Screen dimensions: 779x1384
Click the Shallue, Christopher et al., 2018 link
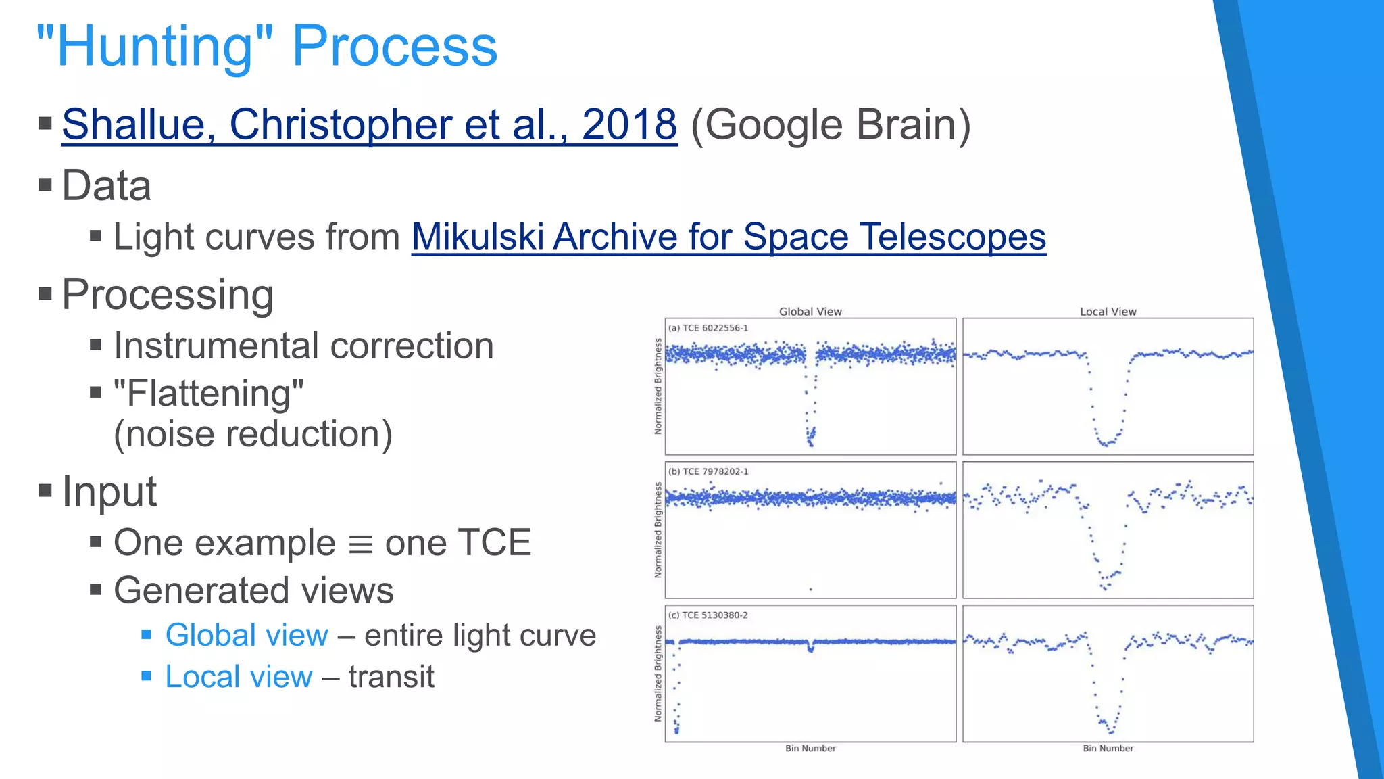pos(369,124)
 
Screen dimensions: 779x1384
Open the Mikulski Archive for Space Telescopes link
pos(728,237)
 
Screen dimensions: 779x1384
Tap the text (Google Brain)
pos(831,124)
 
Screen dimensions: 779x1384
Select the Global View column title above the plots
pos(810,312)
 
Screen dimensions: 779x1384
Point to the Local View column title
pos(1108,312)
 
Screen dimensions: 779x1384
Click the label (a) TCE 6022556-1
pos(708,328)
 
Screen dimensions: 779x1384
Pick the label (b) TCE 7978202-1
pos(708,471)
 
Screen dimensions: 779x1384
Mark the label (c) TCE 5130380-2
pos(708,615)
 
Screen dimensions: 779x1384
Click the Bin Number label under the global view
pos(810,748)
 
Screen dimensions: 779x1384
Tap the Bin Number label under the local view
pos(1108,748)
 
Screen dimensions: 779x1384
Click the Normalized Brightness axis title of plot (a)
pos(658,387)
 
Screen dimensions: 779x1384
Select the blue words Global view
pos(247,635)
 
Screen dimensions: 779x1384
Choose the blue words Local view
pos(239,677)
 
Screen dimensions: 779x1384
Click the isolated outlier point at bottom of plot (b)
pos(810,590)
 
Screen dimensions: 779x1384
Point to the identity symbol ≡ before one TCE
pos(360,544)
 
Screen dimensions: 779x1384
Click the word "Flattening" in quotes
pos(209,393)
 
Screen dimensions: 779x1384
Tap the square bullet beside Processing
pos(45,294)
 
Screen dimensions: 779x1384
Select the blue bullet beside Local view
pos(146,676)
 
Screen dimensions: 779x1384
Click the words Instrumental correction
pos(303,346)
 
